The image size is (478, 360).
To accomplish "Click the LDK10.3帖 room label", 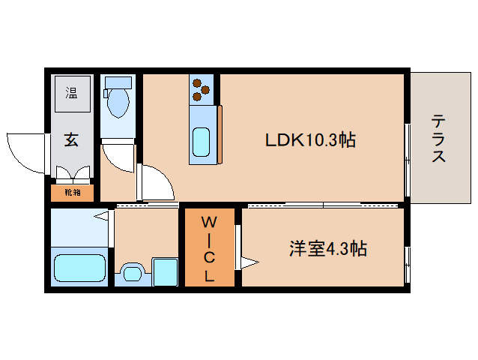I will [x=309, y=139].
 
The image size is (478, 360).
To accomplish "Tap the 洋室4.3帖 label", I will [x=328, y=248].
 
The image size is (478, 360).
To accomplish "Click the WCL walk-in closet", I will [x=210, y=248].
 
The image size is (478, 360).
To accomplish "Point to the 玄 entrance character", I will [x=71, y=139].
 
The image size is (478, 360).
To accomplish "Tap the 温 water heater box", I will [x=72, y=93].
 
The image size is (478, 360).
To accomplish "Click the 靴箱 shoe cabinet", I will [x=72, y=193].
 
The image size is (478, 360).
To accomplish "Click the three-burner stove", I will [x=201, y=90].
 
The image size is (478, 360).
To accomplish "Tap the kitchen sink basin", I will [x=201, y=141].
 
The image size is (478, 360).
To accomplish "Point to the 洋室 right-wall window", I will [x=407, y=264].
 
